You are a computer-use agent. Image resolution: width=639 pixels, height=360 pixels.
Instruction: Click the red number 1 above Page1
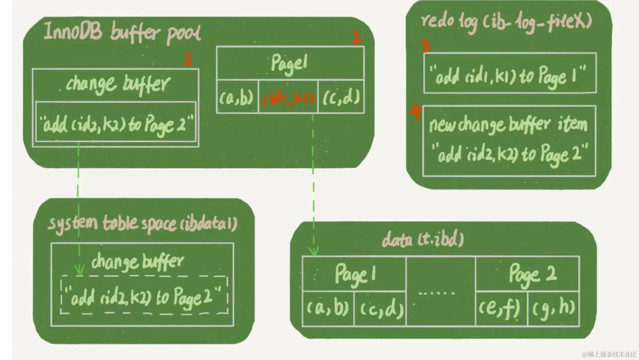(x=356, y=37)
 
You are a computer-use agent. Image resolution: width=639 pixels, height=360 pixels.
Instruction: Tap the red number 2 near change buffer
(x=188, y=59)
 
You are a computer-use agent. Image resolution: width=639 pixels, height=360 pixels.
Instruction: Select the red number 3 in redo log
(x=425, y=46)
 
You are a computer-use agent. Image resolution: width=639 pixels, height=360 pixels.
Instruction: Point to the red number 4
(x=416, y=112)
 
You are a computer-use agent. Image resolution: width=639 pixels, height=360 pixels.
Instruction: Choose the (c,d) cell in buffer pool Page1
(x=341, y=98)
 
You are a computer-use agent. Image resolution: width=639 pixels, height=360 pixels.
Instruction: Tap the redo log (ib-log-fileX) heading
(x=506, y=22)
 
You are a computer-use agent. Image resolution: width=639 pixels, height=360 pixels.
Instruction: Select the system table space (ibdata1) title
(x=143, y=224)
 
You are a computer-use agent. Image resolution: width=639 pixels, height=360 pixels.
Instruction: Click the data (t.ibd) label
(x=423, y=239)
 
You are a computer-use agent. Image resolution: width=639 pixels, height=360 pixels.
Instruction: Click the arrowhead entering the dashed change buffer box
(x=79, y=271)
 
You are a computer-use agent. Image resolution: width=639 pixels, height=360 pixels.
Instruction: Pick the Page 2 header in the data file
(x=532, y=274)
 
